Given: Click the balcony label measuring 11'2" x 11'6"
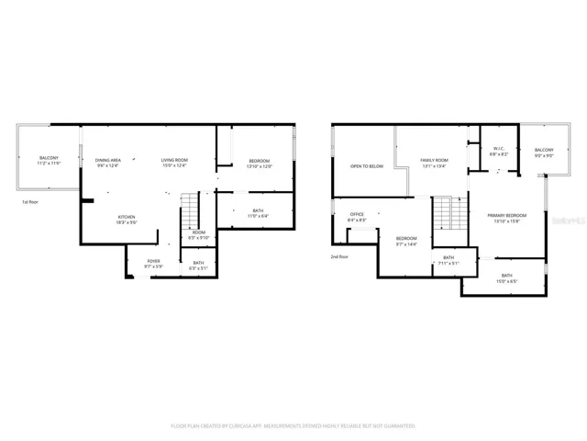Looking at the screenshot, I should (49, 161).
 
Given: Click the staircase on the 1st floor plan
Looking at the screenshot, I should (189, 214).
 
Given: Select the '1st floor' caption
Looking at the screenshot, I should (30, 201).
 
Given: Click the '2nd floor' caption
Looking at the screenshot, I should (339, 256).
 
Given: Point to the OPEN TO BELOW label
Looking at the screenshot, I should (365, 166).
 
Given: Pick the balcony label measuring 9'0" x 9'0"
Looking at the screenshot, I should (544, 152).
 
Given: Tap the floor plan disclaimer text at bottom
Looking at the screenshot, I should (293, 426).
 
